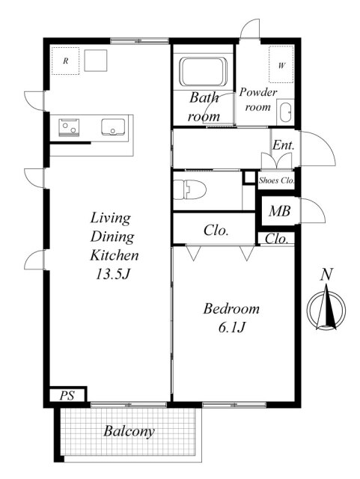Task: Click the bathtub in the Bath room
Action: tap(204, 72)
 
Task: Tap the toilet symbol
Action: tap(189, 189)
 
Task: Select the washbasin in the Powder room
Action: tap(286, 112)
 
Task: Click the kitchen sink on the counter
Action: tap(113, 126)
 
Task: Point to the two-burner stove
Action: tap(69, 127)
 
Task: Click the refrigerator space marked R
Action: tap(65, 61)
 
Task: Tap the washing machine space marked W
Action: tap(281, 64)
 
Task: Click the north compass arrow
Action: tap(326, 307)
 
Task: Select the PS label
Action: tap(67, 396)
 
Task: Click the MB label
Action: tap(279, 211)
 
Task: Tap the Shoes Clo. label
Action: tap(276, 180)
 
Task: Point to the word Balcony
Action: tap(129, 431)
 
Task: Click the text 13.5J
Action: tap(113, 274)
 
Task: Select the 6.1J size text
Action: tap(232, 328)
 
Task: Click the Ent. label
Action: tap(284, 145)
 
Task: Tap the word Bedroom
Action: tap(231, 308)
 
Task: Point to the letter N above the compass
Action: tap(326, 274)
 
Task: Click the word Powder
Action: tap(258, 92)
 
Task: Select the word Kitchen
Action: tap(115, 255)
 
